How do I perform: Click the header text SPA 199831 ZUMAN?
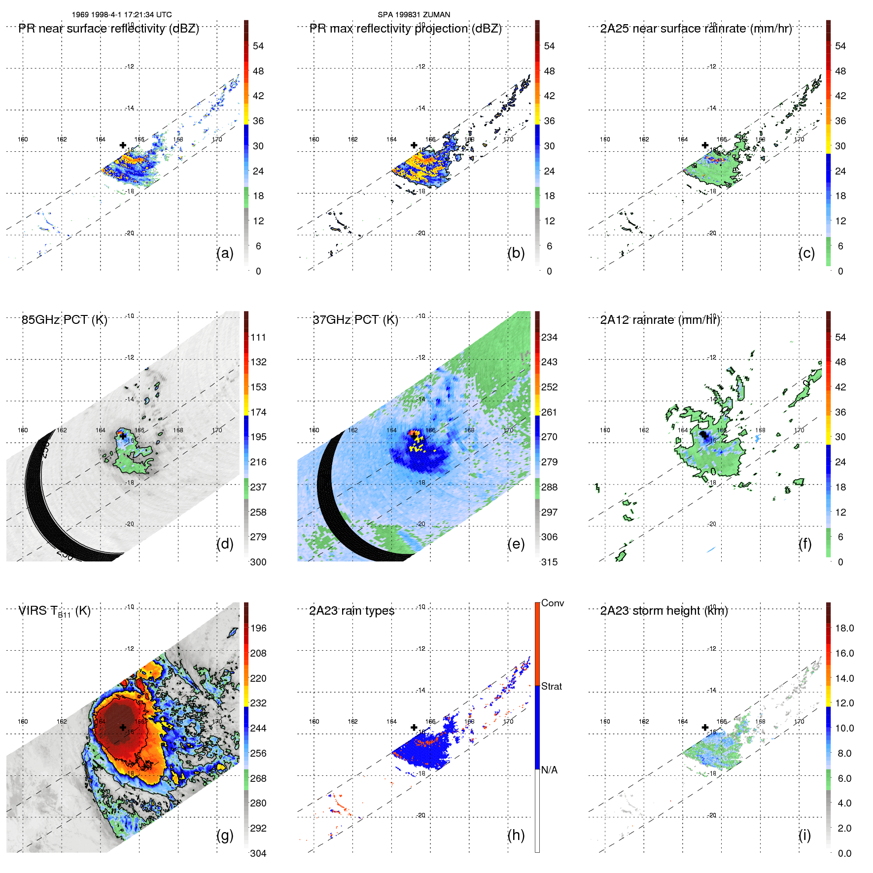coord(414,15)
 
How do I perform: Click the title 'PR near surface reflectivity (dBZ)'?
coord(108,29)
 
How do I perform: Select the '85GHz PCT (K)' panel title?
coord(64,320)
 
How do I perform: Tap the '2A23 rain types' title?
coord(351,611)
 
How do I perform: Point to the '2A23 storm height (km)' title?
coord(663,611)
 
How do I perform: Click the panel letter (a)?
coord(225,253)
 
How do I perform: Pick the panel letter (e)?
coord(516,544)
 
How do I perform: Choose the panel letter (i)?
coord(804,835)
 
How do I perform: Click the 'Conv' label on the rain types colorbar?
coord(552,603)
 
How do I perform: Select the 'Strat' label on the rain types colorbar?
coord(551,686)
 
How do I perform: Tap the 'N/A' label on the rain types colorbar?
coord(549,770)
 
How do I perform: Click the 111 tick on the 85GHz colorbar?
coord(258,337)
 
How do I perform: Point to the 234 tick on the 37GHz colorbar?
coord(549,337)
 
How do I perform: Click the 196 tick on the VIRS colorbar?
coord(258,628)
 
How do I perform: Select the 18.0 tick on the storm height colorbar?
coord(844,628)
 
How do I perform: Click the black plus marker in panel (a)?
coord(123,145)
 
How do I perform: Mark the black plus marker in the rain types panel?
coord(414,727)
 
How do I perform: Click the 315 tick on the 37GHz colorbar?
coord(549,562)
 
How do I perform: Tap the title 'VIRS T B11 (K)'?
coord(54,611)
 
